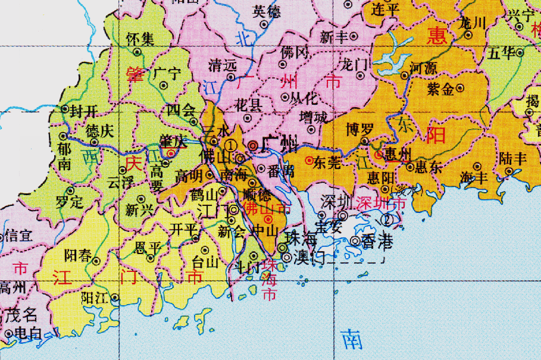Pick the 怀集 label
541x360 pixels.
[x=140, y=39]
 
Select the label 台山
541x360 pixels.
[x=205, y=262]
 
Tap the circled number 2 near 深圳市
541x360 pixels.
[x=389, y=219]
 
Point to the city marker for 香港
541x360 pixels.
[x=355, y=241]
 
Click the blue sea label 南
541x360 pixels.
[x=352, y=339]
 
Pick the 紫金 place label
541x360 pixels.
[x=441, y=89]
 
